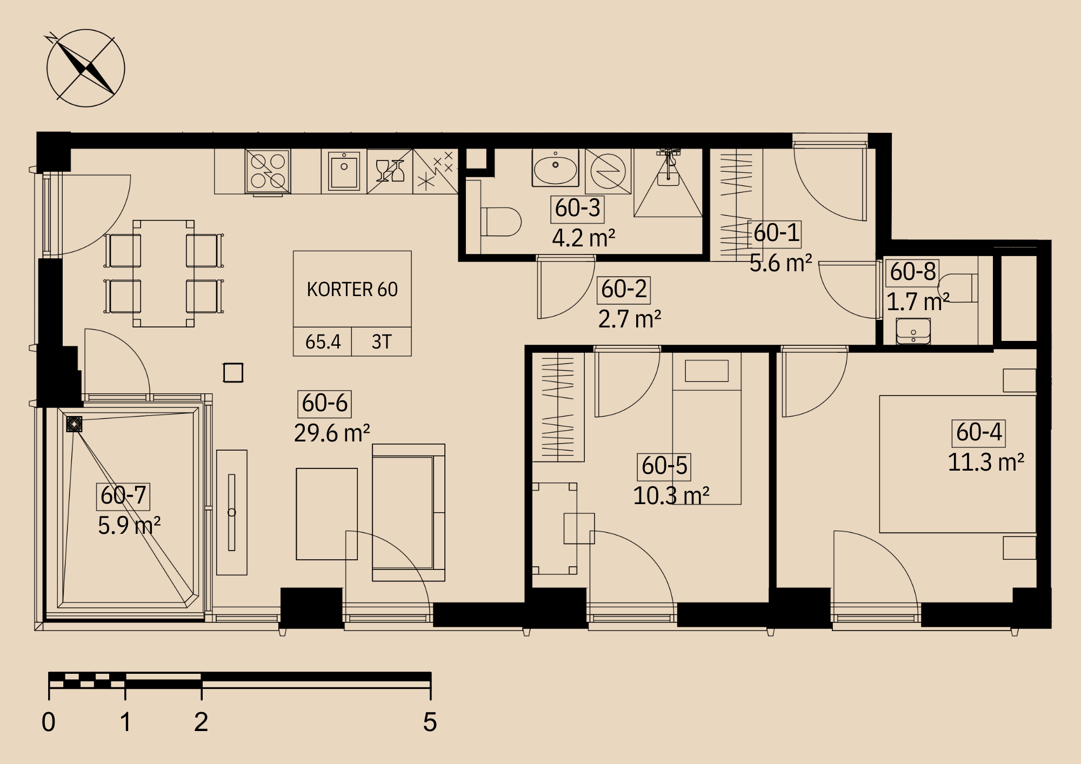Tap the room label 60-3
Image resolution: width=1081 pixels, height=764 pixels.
[x=577, y=209]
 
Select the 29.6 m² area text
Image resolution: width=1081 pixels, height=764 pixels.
[x=332, y=433]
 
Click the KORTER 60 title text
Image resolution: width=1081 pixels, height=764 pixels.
[x=352, y=290]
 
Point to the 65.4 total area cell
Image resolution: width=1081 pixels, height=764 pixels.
[x=323, y=341]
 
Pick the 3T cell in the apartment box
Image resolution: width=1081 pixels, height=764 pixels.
[x=382, y=341]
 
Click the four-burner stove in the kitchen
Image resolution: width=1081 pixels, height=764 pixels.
[x=268, y=171]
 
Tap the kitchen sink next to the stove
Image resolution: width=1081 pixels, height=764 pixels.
[x=344, y=171]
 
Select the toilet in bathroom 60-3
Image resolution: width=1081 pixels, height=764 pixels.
[x=501, y=222]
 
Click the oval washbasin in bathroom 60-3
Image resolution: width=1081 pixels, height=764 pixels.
[x=555, y=168]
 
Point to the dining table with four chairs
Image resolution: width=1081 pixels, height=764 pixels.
[x=164, y=273]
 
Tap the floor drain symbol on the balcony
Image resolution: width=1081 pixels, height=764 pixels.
[x=74, y=424]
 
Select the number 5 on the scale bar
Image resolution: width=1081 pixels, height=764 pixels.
[x=430, y=722]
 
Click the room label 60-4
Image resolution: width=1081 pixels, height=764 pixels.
[x=978, y=433]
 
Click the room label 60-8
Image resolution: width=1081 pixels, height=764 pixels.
[x=912, y=272]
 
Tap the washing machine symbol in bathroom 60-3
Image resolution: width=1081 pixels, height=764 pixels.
[x=608, y=171]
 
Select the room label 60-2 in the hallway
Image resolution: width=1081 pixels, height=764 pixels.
[x=624, y=290]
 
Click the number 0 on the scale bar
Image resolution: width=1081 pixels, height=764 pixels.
[x=49, y=722]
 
